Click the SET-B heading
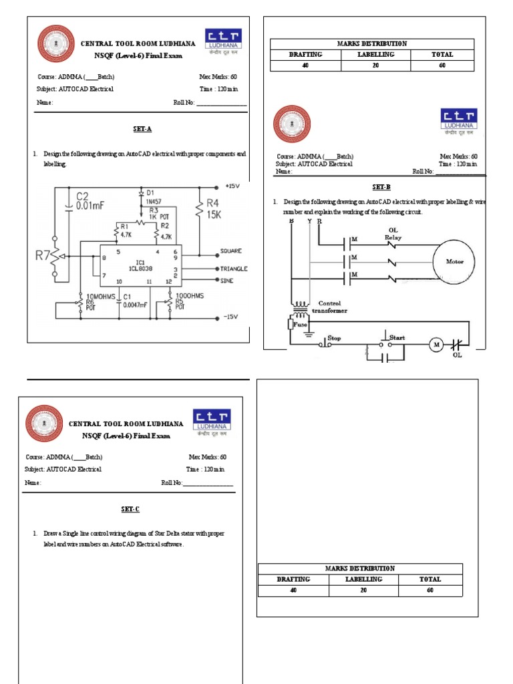click(x=381, y=187)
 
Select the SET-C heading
click(x=130, y=509)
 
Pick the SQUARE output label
click(x=231, y=251)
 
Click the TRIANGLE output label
click(x=234, y=268)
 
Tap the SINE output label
click(x=228, y=283)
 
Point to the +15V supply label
click(x=232, y=186)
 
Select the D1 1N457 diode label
click(x=153, y=196)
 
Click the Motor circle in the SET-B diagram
click(x=455, y=261)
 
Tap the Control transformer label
click(x=333, y=307)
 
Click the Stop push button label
click(x=334, y=339)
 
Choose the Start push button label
click(x=397, y=338)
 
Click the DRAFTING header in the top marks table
click(x=305, y=55)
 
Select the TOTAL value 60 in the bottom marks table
click(x=430, y=590)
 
